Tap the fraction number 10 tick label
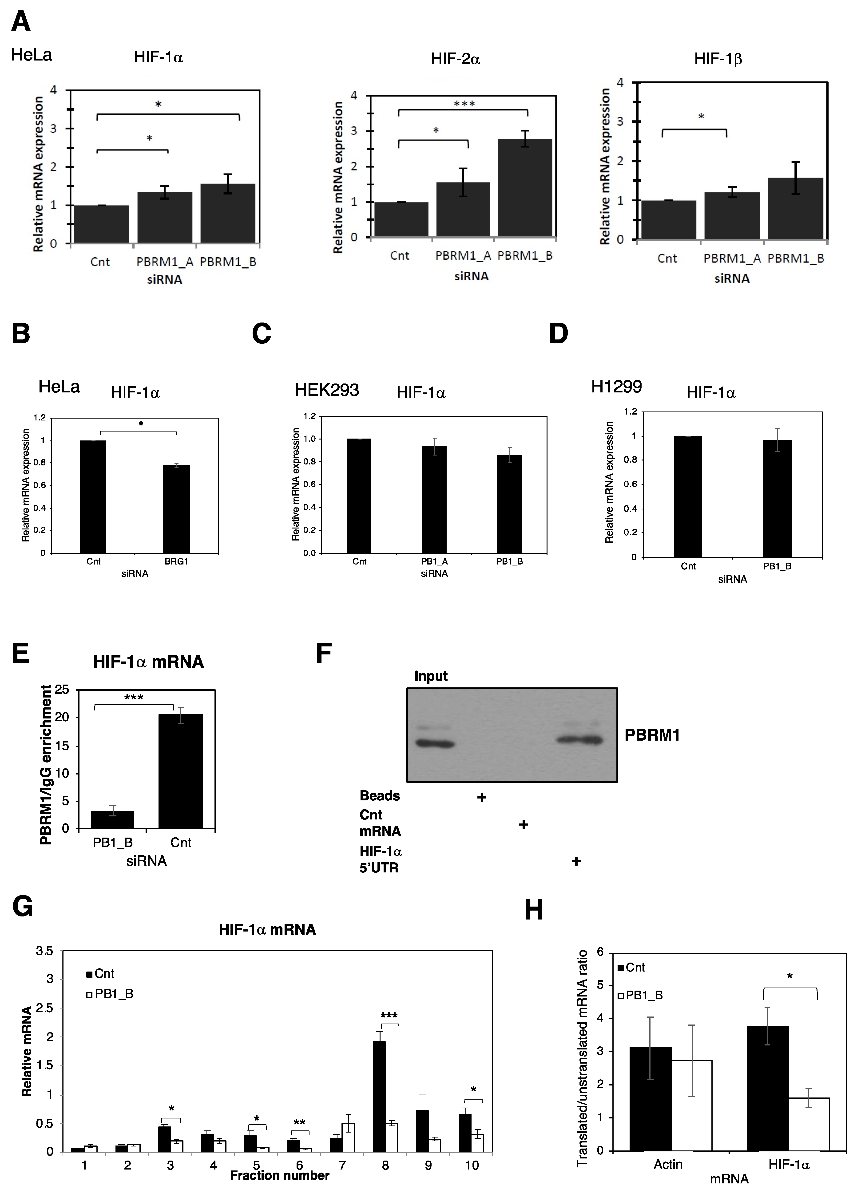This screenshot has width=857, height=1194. pyautogui.click(x=471, y=1165)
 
